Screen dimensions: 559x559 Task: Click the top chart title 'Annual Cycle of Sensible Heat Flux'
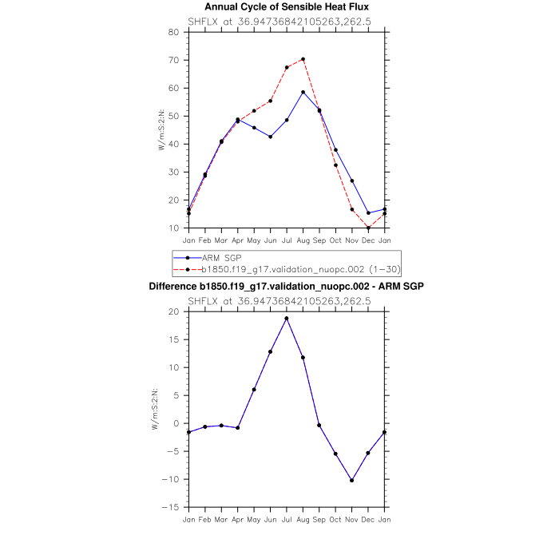pos(287,7)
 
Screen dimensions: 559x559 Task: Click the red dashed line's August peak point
pos(303,59)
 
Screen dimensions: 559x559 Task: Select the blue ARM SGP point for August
pos(303,92)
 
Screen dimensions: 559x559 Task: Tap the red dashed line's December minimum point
pos(368,228)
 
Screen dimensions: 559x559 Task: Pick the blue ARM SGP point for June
pos(270,137)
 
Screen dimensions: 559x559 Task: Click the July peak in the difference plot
pos(287,319)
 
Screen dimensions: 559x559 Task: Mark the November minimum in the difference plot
pos(352,481)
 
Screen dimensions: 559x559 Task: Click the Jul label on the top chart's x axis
pos(287,240)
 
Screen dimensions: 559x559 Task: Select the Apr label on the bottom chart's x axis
pos(237,519)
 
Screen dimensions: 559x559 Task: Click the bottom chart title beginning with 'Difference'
pos(287,286)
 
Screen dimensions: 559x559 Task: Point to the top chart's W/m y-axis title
pos(161,129)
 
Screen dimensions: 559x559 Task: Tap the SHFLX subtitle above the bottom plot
pos(287,300)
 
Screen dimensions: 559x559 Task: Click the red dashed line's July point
pos(287,68)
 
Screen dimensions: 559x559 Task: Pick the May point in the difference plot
pos(254,390)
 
